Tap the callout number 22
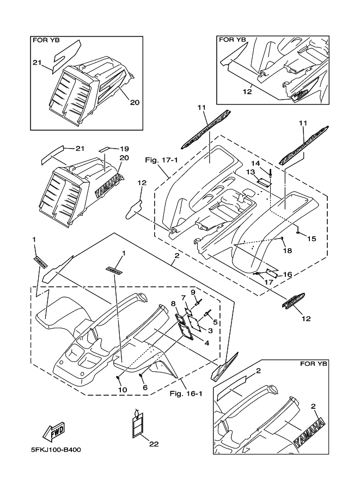(x=154, y=444)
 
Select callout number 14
(x=255, y=163)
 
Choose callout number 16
(x=288, y=275)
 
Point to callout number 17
(x=268, y=282)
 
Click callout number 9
(x=193, y=292)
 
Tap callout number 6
(x=145, y=387)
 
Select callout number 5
(x=215, y=322)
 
